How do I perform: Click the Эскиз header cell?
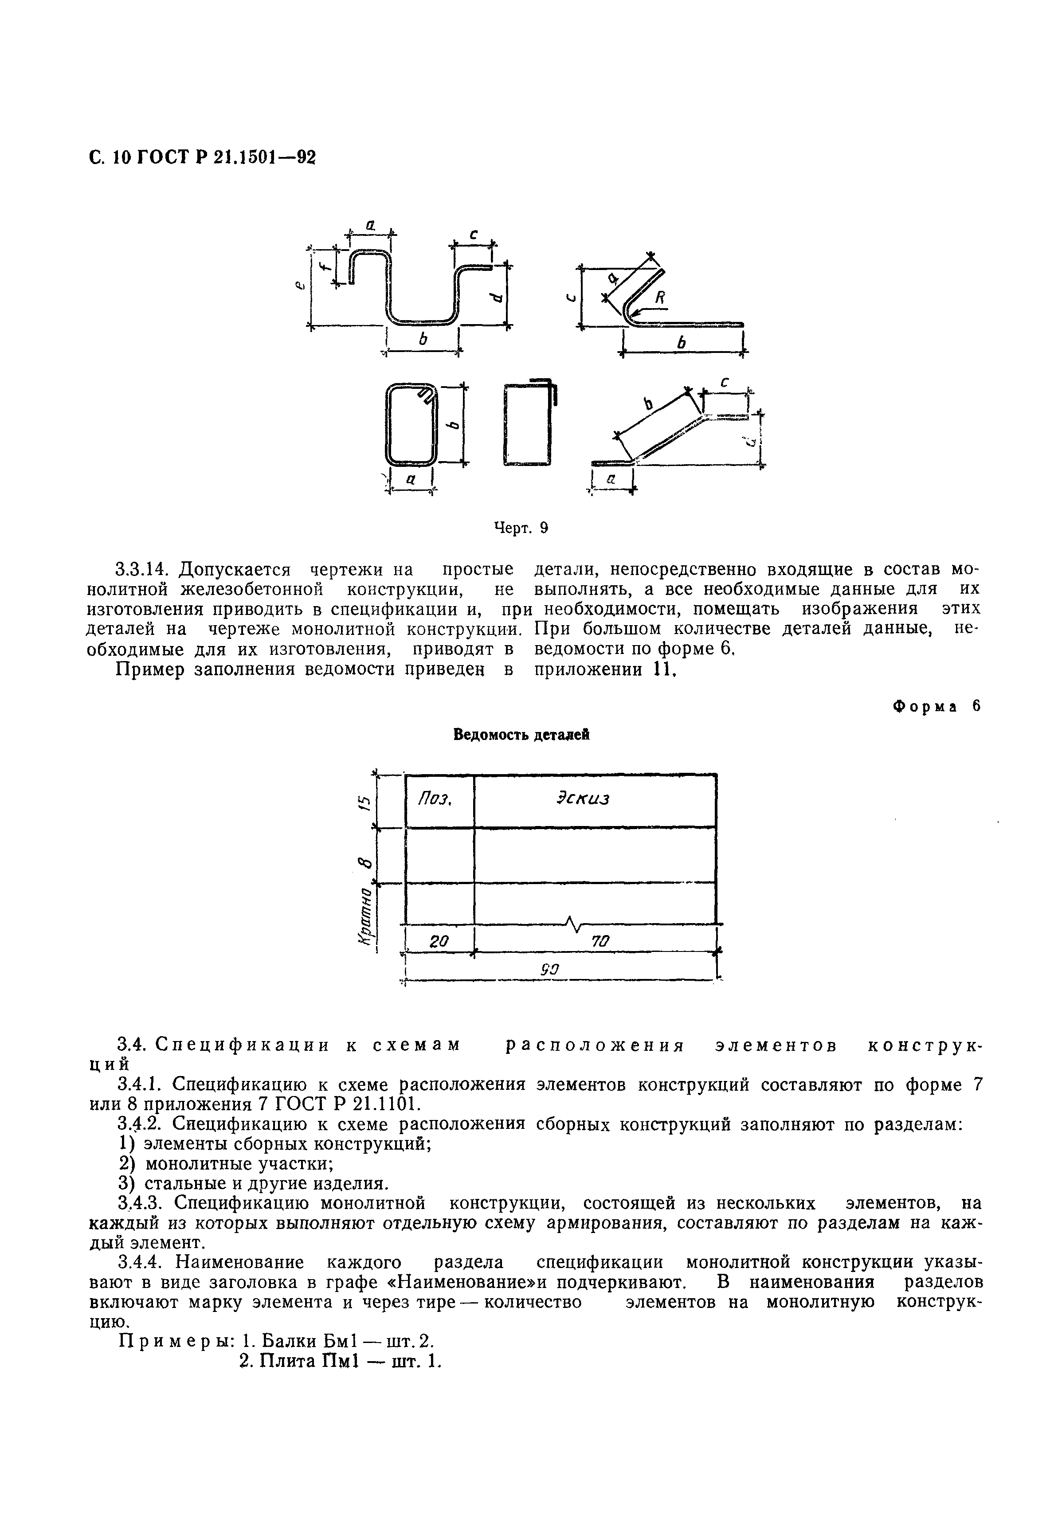582,799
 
